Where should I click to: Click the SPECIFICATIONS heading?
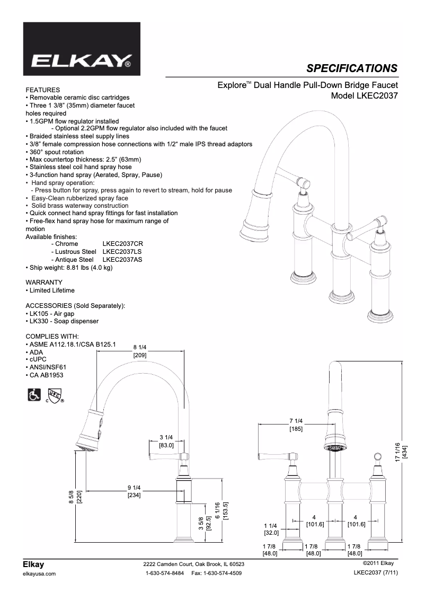coord(352,68)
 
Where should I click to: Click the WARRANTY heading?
coord(44,282)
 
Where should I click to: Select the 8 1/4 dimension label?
coord(140,347)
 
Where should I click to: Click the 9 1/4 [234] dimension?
coord(134,491)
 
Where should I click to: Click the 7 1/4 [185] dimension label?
coord(296,424)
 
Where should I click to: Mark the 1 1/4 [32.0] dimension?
coord(271,529)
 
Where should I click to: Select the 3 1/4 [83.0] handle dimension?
coord(166,441)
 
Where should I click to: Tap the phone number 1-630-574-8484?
coord(164,573)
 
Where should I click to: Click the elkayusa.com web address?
coord(41,574)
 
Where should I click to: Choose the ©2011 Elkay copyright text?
coord(377,563)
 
